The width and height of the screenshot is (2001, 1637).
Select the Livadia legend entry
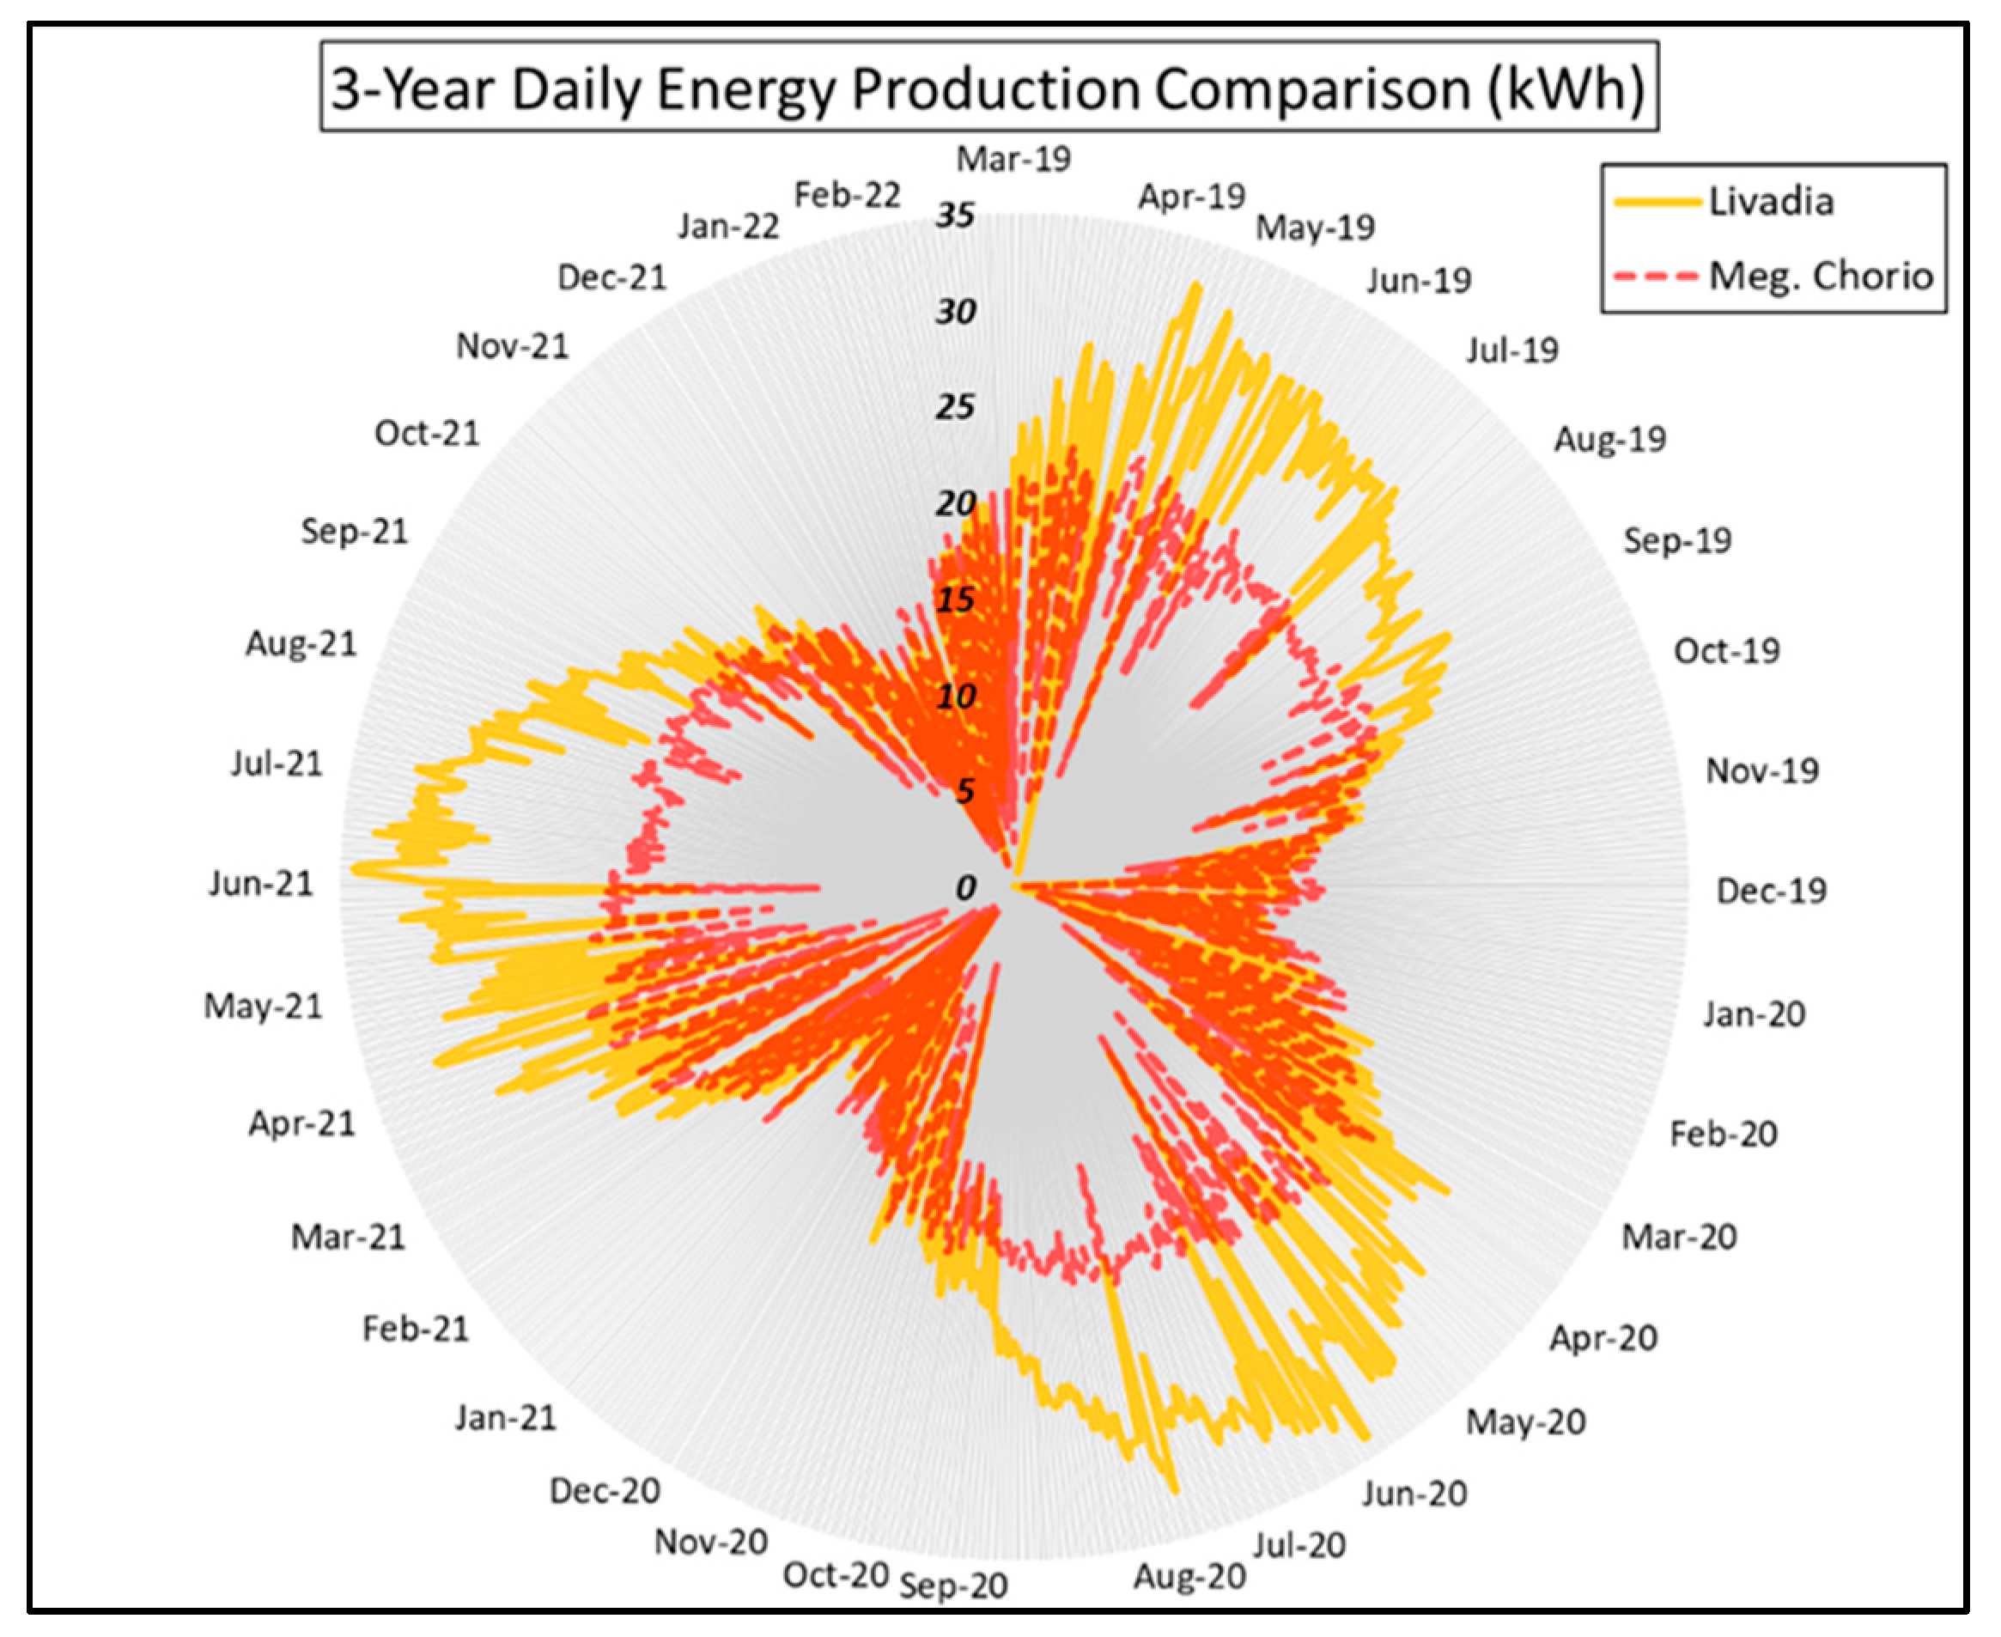1771,202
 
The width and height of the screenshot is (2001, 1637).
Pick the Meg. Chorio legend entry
1820,277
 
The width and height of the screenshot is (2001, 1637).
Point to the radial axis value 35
954,215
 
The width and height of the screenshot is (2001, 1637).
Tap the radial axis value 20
954,503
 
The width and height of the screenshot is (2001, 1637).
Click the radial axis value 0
964,887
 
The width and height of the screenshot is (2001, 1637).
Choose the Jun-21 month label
260,884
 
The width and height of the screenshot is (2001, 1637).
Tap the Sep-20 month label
953,1586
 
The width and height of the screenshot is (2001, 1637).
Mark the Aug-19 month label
1609,439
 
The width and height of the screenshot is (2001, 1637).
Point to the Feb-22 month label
847,195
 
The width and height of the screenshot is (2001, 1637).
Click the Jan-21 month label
506,1417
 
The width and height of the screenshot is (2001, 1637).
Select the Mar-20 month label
1678,1236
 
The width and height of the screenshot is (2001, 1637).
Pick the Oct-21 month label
426,433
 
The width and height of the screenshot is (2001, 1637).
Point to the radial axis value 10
954,697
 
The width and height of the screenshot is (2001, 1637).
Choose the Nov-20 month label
711,1543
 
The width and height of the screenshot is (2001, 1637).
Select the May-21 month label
263,1006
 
